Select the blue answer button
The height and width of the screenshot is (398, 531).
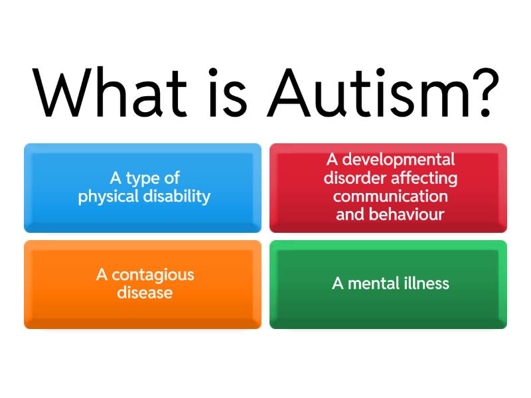[x=143, y=188]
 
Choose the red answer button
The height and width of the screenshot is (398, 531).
[x=388, y=188]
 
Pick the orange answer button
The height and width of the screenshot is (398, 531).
[x=143, y=284]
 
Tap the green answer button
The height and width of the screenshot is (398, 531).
[x=388, y=284]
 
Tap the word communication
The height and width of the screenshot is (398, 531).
[x=390, y=196]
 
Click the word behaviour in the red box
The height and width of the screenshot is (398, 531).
[x=406, y=214]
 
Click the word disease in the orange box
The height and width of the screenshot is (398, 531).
[x=145, y=293]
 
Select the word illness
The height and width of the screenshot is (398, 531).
[x=427, y=284]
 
